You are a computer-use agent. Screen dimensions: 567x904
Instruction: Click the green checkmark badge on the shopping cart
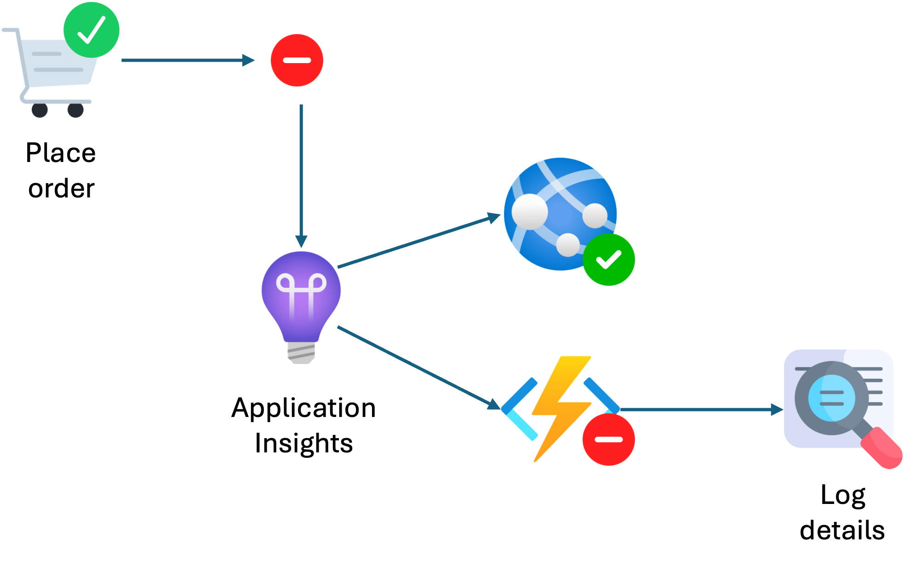92,30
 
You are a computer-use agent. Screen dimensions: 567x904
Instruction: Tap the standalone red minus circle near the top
297,60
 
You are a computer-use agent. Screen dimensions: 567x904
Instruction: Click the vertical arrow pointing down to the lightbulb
301,175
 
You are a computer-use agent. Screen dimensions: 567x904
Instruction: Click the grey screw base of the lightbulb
301,353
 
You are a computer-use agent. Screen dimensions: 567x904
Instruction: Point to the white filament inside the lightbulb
301,290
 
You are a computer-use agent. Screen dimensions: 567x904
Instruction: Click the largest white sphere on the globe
530,212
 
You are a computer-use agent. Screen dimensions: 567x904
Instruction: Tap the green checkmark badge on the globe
609,260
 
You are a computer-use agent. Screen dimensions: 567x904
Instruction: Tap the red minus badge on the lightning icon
609,440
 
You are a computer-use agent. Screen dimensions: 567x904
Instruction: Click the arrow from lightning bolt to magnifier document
699,409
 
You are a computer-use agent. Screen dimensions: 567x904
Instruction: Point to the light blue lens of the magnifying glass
831,398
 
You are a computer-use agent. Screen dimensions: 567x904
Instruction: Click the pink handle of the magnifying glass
882,448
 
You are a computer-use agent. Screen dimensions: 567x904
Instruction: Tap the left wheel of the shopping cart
40,110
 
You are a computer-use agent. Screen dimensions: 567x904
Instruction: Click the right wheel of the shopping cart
75,110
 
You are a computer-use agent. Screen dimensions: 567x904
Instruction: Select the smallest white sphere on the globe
568,244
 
